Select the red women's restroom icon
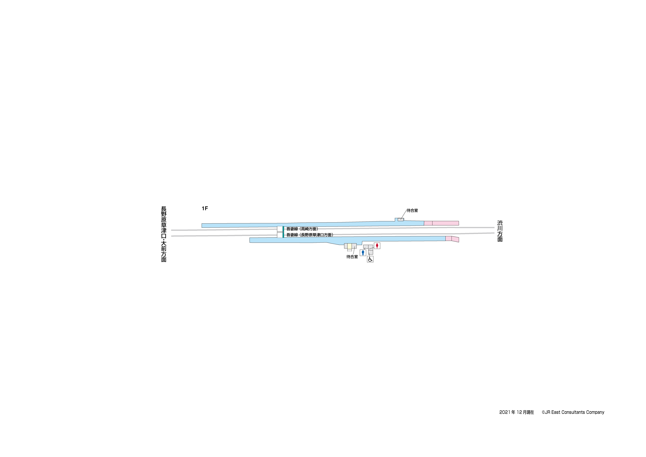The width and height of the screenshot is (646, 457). click(x=377, y=246)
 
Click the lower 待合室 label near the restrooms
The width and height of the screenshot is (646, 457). click(x=352, y=257)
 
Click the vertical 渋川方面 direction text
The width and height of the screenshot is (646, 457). click(x=500, y=231)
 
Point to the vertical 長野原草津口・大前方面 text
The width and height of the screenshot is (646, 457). click(x=164, y=234)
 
